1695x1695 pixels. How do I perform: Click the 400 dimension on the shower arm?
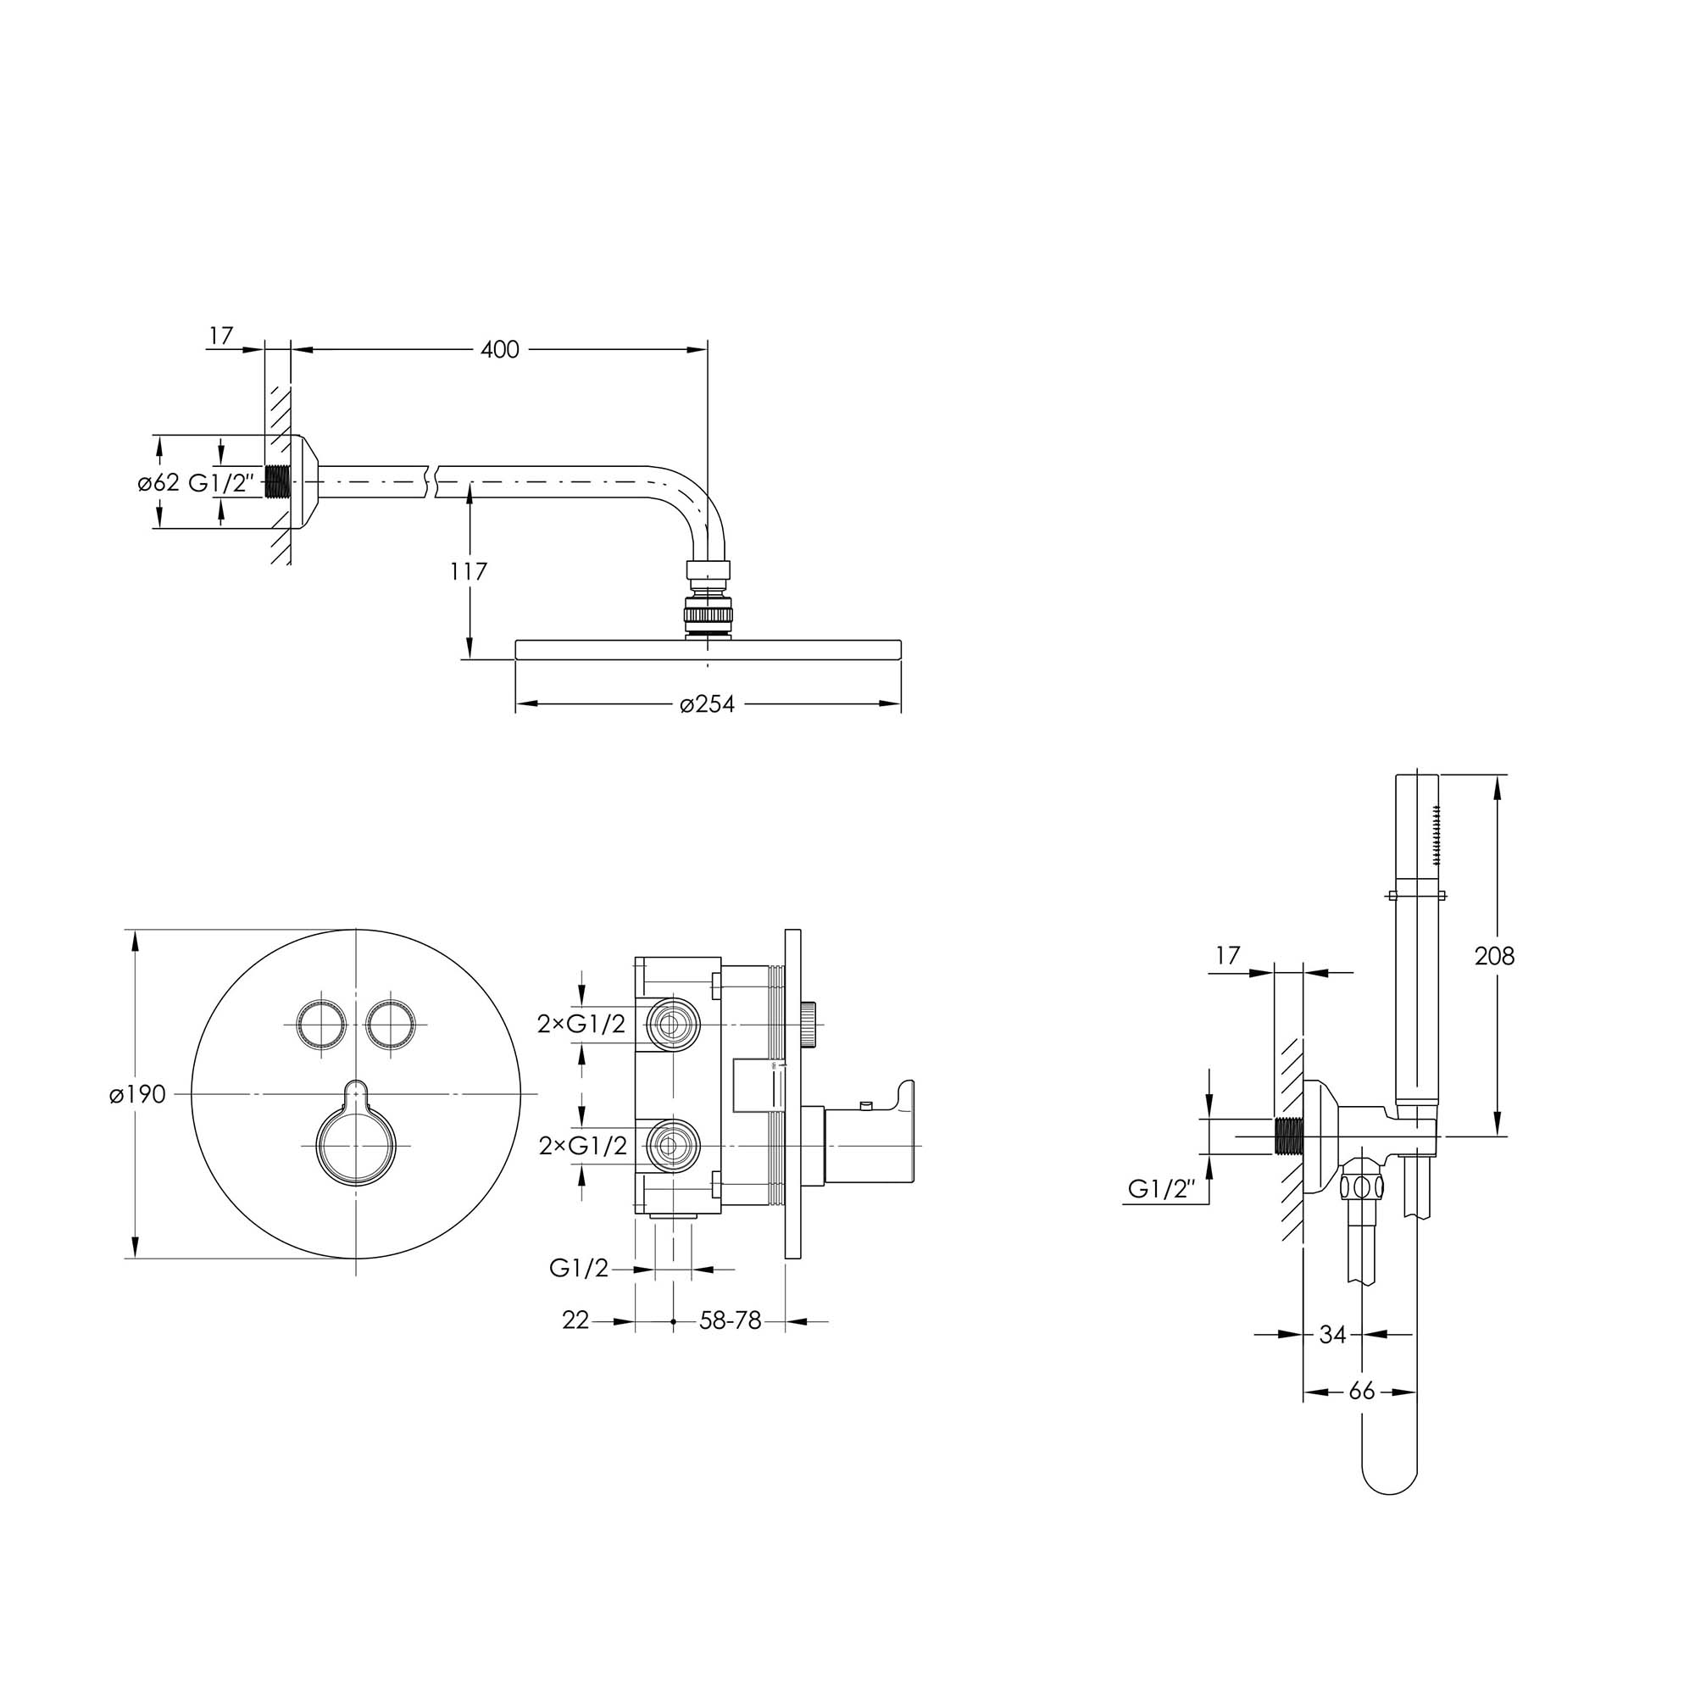click(500, 350)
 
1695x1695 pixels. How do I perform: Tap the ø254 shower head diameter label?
click(707, 703)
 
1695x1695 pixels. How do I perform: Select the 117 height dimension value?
click(469, 572)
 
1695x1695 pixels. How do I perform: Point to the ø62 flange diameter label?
click(158, 482)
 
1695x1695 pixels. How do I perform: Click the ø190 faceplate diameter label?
click(138, 1094)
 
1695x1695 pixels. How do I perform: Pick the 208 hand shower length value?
click(1494, 955)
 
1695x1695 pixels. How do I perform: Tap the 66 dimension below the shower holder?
click(1362, 1392)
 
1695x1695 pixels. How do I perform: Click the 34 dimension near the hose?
click(1332, 1335)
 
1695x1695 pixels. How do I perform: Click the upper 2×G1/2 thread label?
click(581, 1023)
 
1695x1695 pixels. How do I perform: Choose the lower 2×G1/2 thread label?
click(581, 1146)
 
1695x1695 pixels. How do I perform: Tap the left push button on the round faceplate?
click(319, 1023)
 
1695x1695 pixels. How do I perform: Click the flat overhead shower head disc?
click(708, 650)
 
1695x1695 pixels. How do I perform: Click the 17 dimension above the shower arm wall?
click(222, 335)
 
